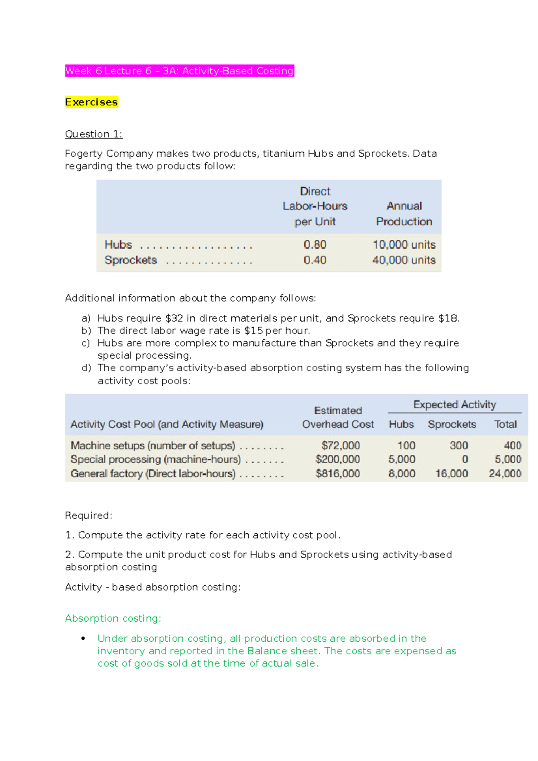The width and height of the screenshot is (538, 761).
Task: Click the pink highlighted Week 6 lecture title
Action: [x=179, y=71]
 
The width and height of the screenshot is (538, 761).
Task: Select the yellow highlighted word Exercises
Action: [x=91, y=102]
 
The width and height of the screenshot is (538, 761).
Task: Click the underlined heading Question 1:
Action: [x=94, y=134]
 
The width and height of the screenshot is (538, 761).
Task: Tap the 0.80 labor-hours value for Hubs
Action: [x=315, y=245]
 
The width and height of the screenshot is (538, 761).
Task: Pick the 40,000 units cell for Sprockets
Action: [x=403, y=260]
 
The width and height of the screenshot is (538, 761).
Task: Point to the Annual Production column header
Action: [x=404, y=214]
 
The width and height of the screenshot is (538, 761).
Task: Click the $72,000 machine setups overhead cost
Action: [x=340, y=445]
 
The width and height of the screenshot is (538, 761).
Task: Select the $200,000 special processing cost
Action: [x=338, y=459]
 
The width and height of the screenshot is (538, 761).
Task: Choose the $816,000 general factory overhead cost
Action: [x=338, y=474]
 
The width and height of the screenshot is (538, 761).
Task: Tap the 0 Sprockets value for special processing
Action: [x=464, y=459]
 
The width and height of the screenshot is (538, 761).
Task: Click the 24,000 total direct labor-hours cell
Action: [x=505, y=474]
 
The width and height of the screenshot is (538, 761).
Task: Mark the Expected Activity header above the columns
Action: [x=454, y=405]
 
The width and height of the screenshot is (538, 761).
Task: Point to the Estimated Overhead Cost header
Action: [x=338, y=417]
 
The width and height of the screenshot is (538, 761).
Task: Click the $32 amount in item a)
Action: [x=174, y=318]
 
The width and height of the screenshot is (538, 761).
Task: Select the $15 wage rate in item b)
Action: [x=253, y=331]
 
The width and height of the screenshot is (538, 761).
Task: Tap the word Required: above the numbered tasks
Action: [x=88, y=515]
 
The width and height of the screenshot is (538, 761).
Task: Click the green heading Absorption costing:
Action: [x=113, y=618]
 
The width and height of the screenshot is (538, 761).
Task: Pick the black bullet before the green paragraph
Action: [x=83, y=639]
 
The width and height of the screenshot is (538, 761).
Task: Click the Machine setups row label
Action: [x=152, y=445]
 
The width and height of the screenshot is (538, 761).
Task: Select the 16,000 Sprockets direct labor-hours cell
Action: [x=451, y=474]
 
